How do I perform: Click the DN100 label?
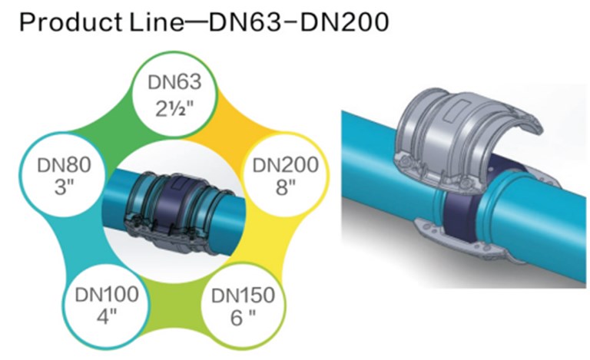click(x=108, y=294)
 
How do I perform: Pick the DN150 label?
click(x=240, y=295)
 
